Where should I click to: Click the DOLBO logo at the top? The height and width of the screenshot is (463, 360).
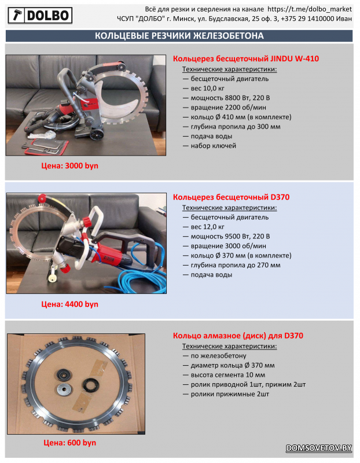point(40,16)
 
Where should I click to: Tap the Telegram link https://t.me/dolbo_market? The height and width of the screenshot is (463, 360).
point(310,9)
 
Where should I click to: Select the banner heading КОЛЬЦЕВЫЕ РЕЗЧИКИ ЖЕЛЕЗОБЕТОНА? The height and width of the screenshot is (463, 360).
point(179,36)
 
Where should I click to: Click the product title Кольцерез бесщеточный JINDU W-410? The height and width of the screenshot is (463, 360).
point(246,58)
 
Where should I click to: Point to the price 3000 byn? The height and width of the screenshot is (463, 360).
point(69,166)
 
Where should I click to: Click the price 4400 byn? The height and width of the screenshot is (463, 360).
point(69,304)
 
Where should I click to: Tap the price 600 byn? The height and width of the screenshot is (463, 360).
point(69,443)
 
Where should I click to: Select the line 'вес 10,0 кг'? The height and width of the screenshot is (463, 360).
point(204,89)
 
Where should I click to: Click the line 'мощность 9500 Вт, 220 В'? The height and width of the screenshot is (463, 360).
point(226,236)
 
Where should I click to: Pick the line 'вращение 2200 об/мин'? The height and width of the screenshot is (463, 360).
point(224,108)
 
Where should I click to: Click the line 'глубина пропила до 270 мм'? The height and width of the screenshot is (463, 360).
point(232,265)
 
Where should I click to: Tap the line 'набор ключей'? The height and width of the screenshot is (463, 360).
point(210,146)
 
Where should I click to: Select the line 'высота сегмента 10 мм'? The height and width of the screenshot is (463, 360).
point(224,375)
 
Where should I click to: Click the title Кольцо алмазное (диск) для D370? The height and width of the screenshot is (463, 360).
point(238,336)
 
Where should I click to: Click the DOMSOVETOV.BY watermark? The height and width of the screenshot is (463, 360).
point(319,448)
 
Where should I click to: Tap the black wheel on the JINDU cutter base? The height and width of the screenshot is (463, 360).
point(96,136)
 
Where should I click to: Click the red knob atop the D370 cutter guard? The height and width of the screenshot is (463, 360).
point(42,198)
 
